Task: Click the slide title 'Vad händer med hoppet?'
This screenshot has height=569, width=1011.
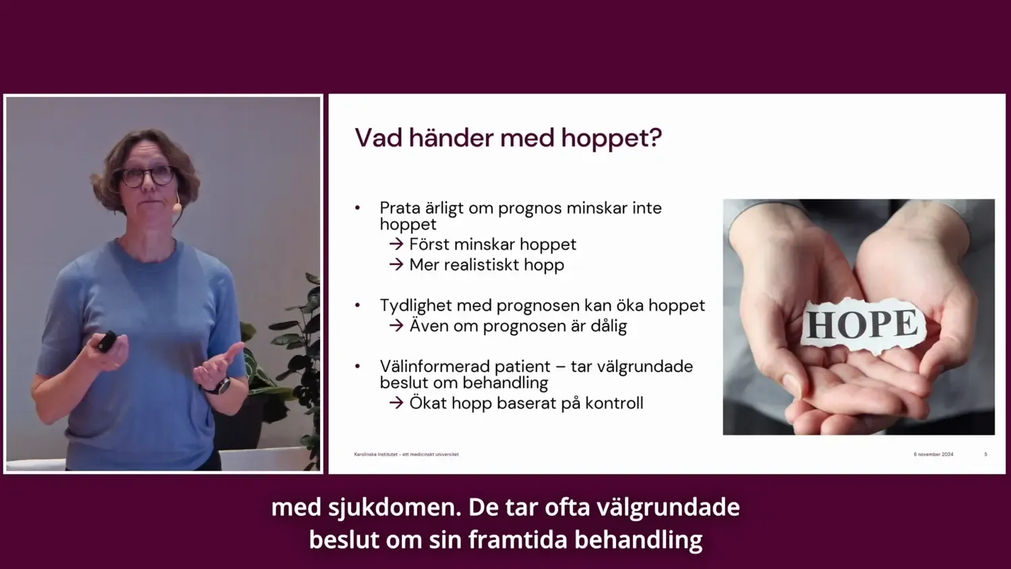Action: click(x=508, y=138)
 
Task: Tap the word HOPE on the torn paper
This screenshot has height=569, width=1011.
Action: click(x=862, y=324)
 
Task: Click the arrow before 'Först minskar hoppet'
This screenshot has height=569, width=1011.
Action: click(x=396, y=244)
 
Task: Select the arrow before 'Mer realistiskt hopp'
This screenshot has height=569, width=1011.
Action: click(x=396, y=264)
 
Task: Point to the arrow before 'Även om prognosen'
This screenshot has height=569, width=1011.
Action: click(x=396, y=326)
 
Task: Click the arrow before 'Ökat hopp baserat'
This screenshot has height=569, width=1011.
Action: click(x=396, y=403)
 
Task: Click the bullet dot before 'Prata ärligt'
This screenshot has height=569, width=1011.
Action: click(x=358, y=208)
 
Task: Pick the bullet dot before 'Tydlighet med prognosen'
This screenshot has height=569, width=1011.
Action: click(x=358, y=305)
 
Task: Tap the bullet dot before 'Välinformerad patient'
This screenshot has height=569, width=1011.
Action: click(x=358, y=367)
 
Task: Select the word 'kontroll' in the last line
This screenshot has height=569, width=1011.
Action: click(x=614, y=403)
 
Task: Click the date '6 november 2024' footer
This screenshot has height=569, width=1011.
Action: click(x=933, y=454)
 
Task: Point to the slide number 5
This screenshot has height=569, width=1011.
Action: click(x=985, y=454)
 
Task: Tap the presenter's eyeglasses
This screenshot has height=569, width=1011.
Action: click(x=147, y=177)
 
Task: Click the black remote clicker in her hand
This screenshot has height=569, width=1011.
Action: click(x=106, y=341)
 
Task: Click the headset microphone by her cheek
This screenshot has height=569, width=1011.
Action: click(x=177, y=206)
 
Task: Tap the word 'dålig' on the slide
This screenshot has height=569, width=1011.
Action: click(x=609, y=326)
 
